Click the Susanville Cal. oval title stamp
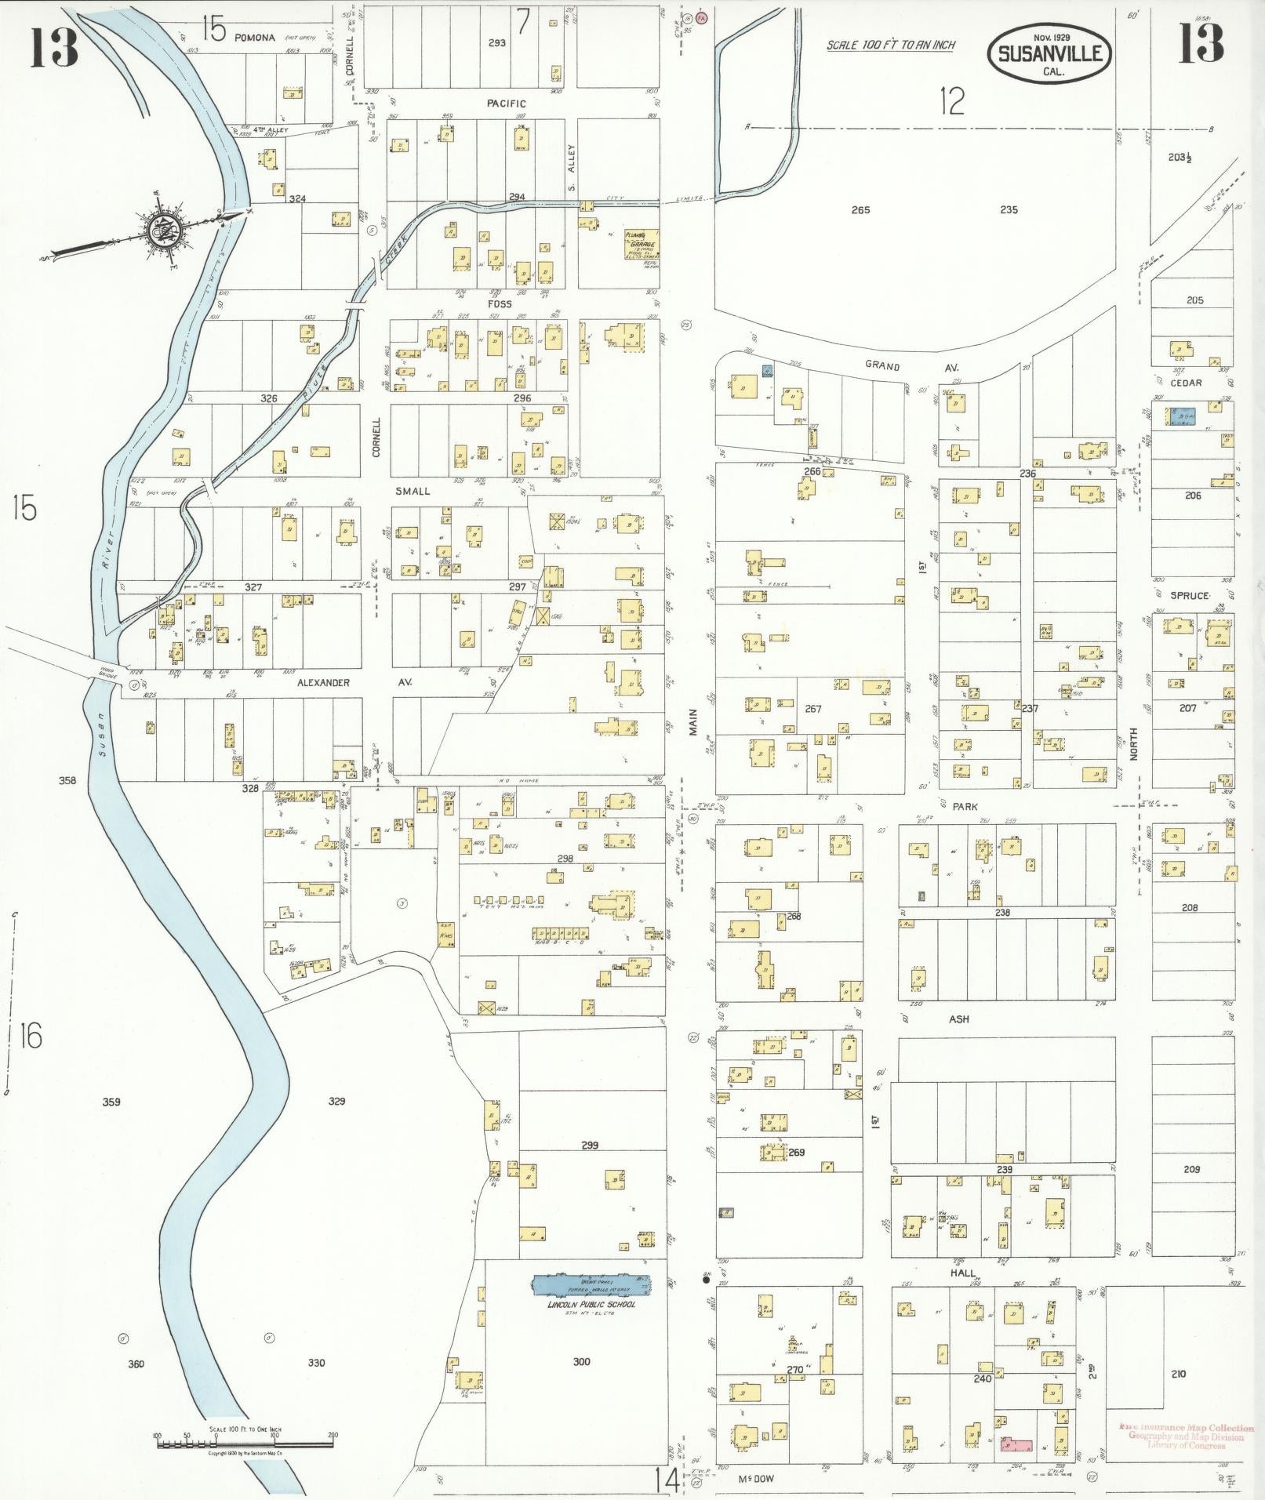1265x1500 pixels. coord(1049,54)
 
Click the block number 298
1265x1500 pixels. coord(565,859)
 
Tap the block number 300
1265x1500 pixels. coord(581,1361)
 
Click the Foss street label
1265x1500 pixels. coord(499,303)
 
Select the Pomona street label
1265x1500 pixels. coord(254,37)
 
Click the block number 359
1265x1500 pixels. coord(111,1102)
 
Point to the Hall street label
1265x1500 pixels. coord(962,1273)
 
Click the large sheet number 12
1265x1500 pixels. coord(952,101)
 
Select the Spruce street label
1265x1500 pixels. coord(1189,596)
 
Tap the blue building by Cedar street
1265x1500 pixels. coord(1182,416)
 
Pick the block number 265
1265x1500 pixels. coord(860,210)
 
